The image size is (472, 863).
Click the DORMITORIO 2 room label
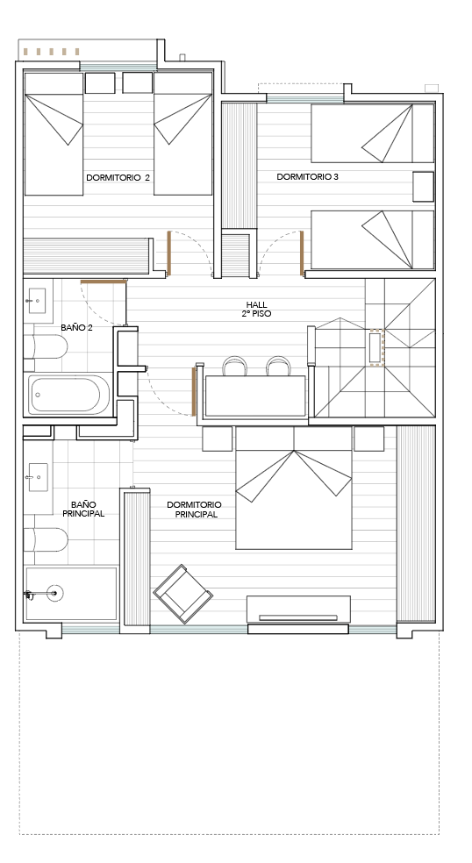118,178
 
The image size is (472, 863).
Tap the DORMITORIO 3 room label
307,176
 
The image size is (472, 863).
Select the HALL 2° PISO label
258,309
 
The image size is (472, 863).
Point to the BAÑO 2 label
76,327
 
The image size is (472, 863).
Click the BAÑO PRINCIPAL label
83,509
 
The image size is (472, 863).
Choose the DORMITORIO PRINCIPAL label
194,510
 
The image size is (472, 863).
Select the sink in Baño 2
38,301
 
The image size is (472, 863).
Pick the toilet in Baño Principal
46,540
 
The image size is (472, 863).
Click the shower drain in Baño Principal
54,593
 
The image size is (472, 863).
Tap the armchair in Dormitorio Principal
182,594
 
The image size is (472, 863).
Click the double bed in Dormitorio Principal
294,488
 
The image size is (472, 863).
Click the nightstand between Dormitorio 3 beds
424,187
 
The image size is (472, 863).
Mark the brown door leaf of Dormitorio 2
169,253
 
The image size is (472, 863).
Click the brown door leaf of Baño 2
104,282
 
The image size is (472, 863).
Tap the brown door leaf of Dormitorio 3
302,253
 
